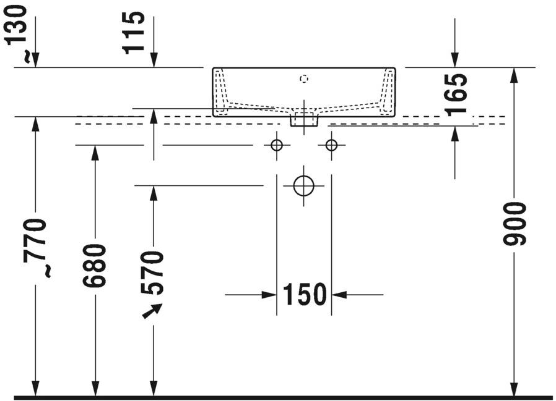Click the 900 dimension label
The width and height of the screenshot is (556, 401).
(x=515, y=223)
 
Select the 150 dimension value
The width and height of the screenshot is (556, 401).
(x=304, y=295)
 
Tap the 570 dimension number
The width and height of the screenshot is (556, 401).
(x=153, y=272)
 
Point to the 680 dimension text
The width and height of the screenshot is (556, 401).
(x=95, y=266)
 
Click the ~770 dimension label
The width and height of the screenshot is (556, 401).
(x=36, y=247)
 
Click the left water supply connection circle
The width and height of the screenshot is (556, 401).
(x=277, y=145)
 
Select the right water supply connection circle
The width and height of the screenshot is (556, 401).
(x=331, y=145)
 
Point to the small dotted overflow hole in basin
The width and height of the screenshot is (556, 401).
(x=303, y=78)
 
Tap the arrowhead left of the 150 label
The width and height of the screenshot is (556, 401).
(x=269, y=295)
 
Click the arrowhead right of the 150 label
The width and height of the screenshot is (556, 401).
(x=339, y=295)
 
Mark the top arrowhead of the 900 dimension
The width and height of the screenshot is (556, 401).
(x=513, y=74)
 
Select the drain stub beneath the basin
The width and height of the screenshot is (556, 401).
(x=304, y=120)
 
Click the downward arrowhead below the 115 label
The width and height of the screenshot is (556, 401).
(x=154, y=60)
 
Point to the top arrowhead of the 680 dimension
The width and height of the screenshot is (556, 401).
(x=95, y=153)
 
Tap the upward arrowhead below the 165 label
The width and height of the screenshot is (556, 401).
(x=455, y=133)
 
